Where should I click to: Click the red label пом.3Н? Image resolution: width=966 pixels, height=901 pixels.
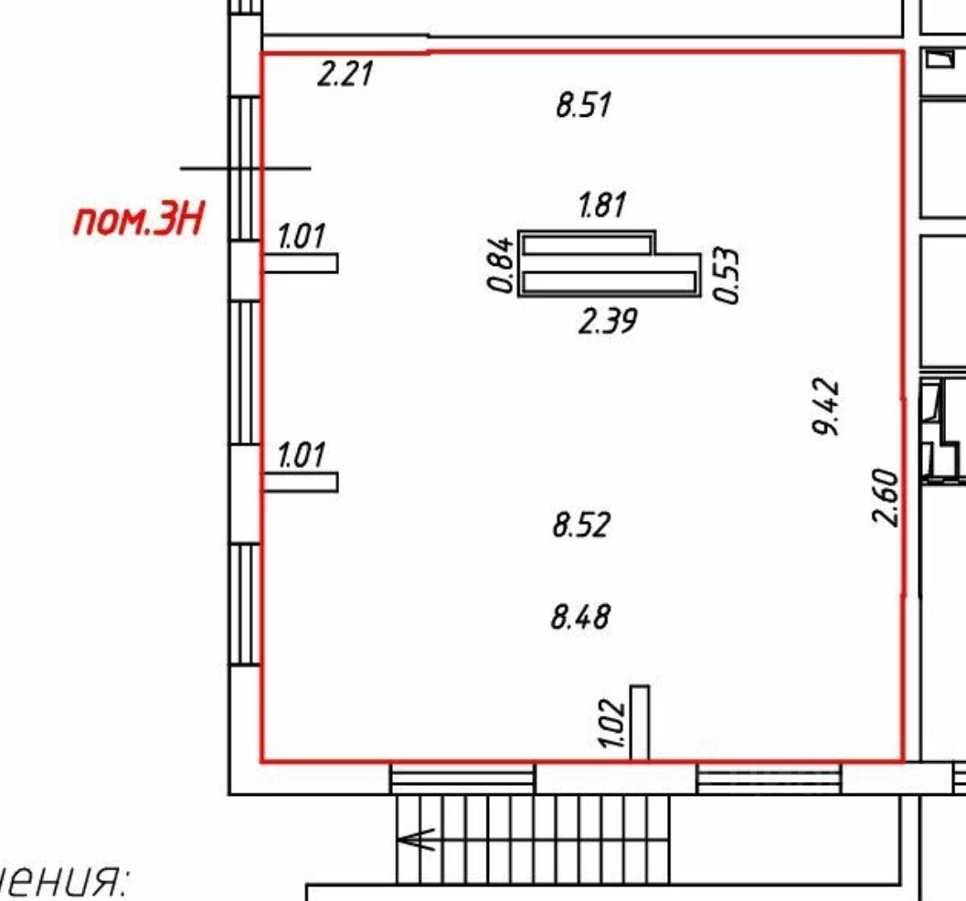click(137, 220)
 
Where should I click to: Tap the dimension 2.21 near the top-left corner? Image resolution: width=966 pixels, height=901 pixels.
click(345, 73)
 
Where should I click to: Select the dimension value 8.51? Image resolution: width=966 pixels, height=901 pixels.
click(583, 104)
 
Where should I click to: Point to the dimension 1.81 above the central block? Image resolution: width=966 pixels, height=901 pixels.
click(602, 205)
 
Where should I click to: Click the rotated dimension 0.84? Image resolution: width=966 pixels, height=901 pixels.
click(500, 263)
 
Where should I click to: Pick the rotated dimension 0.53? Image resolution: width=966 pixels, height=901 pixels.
click(726, 275)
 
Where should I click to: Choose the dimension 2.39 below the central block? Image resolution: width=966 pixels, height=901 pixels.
click(608, 321)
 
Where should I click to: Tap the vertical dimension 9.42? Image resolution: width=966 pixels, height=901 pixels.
click(825, 407)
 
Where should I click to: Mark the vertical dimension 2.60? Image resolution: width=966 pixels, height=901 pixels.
click(886, 497)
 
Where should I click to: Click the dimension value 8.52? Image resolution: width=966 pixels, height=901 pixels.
click(581, 525)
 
